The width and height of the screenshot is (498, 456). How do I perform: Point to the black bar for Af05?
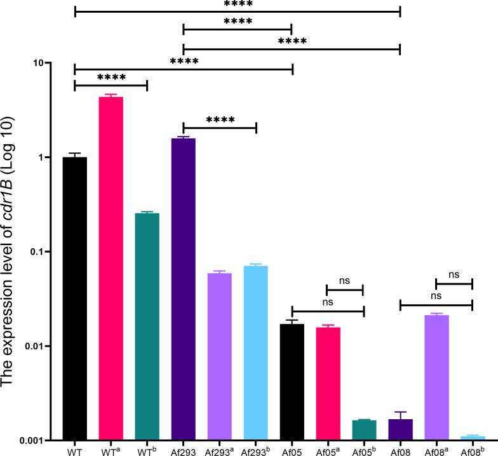coord(292,382)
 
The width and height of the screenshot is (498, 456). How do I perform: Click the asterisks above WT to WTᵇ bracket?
coord(111,77)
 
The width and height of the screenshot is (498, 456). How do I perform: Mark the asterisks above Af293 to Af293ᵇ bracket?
coord(220,119)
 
